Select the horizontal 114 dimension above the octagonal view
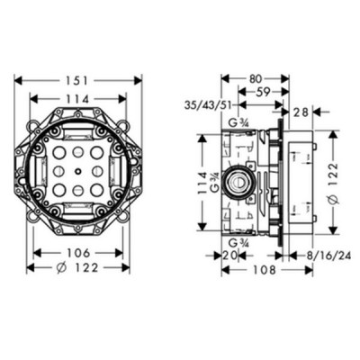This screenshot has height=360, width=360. (77, 98)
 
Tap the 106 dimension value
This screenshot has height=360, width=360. (77, 252)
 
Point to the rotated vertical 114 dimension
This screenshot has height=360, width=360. (202, 180)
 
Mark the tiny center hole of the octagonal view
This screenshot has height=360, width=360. (77, 168)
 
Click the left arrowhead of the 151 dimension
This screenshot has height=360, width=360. (16, 80)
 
